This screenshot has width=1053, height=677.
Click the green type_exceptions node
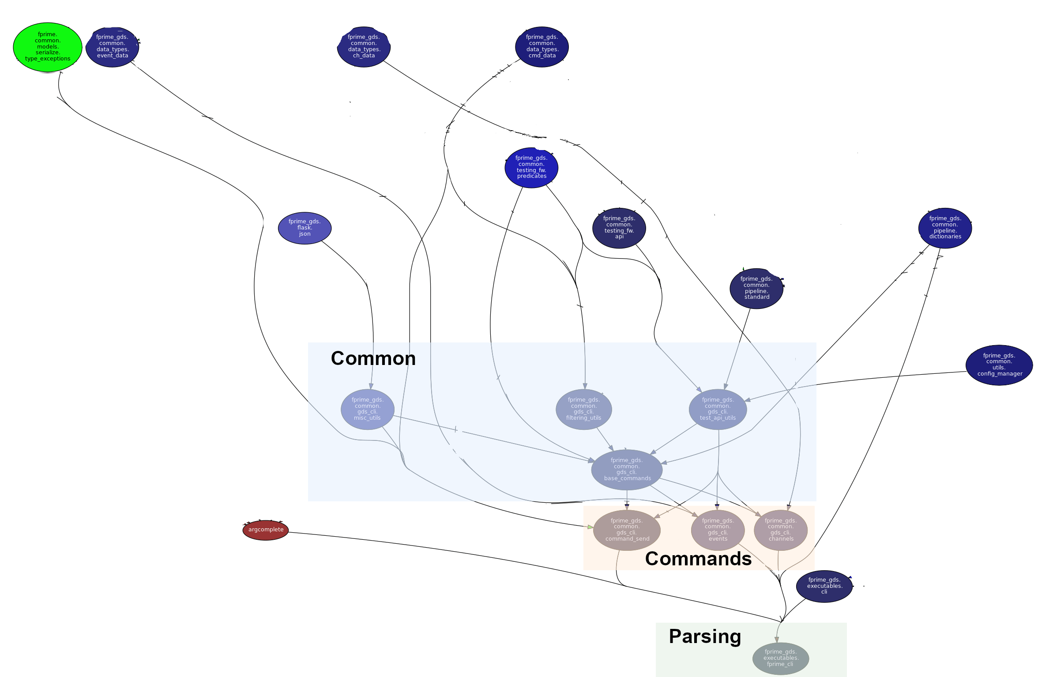tap(48, 47)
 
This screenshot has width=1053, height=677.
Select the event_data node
tap(113, 47)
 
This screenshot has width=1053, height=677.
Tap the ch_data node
tap(364, 47)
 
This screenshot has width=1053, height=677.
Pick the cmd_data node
tap(542, 47)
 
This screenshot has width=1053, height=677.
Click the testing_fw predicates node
tap(531, 167)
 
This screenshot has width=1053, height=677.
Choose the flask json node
tap(305, 228)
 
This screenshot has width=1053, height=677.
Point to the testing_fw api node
tap(619, 228)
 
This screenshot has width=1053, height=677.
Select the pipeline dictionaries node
tap(945, 228)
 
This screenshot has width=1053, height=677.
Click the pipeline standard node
tap(756, 288)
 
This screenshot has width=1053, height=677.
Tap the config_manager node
tap(999, 365)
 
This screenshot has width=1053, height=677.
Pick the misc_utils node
tap(368, 409)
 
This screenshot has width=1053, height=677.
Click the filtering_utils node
tap(584, 409)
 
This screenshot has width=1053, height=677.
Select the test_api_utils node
tap(718, 409)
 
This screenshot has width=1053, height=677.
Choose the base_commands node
tap(627, 470)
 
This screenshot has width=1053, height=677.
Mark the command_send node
tap(627, 530)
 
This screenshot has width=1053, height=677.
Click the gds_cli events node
tap(718, 530)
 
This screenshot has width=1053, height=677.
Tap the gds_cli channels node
tap(781, 530)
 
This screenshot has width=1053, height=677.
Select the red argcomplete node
tap(266, 530)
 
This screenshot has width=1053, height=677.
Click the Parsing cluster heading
tap(705, 636)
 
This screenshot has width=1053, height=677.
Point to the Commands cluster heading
tap(698, 559)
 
